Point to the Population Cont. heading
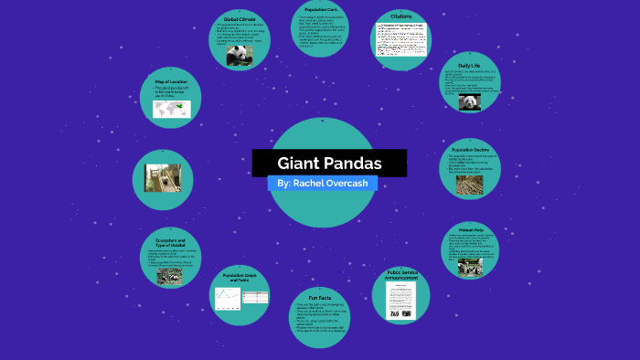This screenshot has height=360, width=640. (321, 10)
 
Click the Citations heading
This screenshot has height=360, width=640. (400, 16)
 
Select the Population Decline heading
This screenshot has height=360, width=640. (471, 149)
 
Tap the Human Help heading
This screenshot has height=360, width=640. (471, 229)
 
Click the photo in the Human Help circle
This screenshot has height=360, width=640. (470, 267)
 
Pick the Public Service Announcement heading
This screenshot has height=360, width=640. (401, 275)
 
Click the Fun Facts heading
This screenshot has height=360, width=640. (319, 298)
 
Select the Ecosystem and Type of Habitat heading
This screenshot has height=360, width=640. (171, 243)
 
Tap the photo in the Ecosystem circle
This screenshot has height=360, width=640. (170, 275)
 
